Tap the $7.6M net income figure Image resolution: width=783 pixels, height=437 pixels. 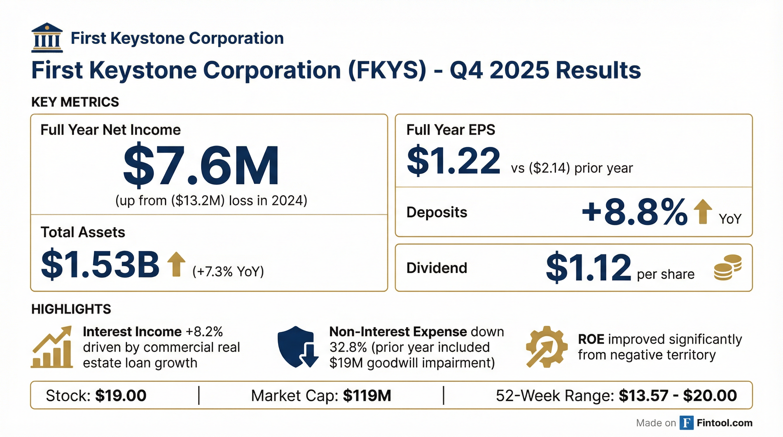[201, 165]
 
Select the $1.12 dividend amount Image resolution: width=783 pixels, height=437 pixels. [588, 267]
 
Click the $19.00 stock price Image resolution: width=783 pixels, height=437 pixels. [121, 395]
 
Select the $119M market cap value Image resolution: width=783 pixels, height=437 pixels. [367, 395]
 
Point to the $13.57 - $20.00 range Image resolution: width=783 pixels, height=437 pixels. [678, 395]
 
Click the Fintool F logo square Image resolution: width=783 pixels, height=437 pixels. [687, 423]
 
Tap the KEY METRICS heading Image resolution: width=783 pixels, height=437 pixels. [75, 102]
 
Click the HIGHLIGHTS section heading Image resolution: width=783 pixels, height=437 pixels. [71, 309]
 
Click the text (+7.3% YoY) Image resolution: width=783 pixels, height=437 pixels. [228, 271]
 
